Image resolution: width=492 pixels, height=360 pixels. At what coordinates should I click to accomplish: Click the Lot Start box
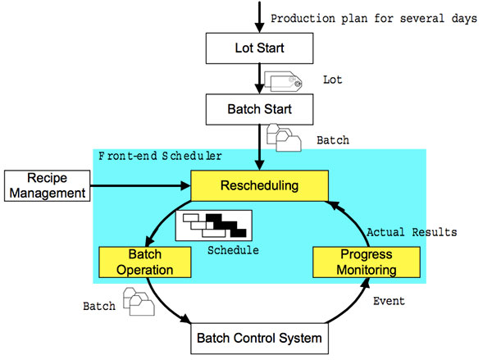(x=259, y=48)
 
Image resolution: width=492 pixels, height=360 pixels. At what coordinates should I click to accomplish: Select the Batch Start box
(x=259, y=108)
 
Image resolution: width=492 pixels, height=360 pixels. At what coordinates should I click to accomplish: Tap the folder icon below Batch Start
(x=284, y=137)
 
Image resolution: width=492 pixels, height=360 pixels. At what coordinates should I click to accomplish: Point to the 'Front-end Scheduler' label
(x=160, y=155)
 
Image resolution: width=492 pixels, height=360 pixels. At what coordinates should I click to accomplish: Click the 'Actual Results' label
(x=412, y=232)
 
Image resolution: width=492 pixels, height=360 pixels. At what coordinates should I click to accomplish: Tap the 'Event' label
(x=389, y=301)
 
